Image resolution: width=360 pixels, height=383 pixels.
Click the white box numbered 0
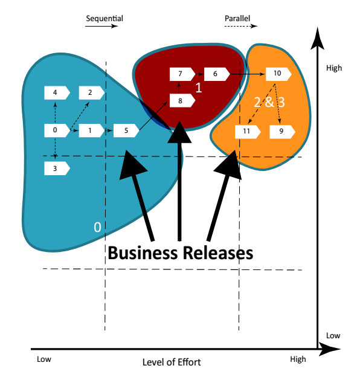[56, 130]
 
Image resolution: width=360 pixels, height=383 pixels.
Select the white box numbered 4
[56, 92]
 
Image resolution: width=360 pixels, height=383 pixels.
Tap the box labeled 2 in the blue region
[91, 92]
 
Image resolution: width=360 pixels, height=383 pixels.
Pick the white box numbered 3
[56, 169]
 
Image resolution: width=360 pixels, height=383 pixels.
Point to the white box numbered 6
[216, 74]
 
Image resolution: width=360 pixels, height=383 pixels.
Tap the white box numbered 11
[247, 130]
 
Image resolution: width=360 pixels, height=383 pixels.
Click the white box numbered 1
[91, 130]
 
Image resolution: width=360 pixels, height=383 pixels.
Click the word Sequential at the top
[104, 18]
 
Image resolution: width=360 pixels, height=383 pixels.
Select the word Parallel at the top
[237, 18]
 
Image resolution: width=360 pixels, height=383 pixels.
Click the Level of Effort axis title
[172, 362]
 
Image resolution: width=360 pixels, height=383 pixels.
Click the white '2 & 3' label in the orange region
[269, 102]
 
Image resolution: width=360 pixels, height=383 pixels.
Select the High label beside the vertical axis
[333, 68]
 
